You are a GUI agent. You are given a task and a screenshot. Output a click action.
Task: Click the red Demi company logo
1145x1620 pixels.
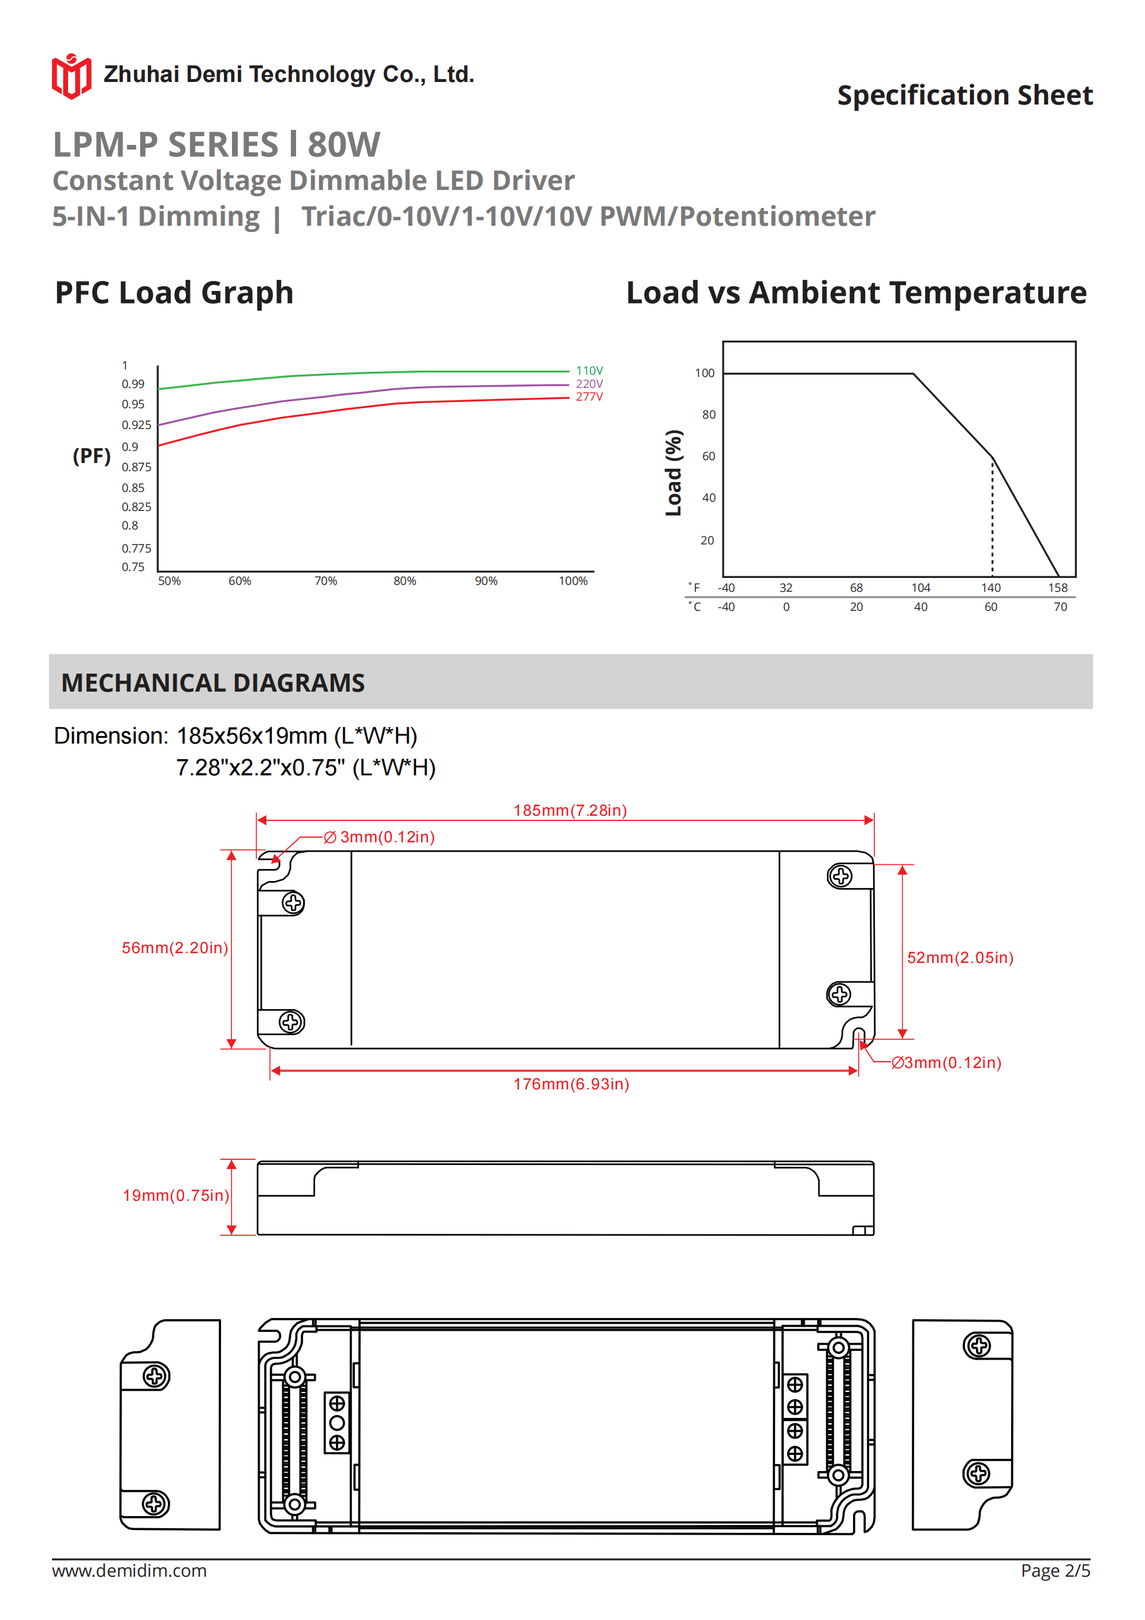pos(71,76)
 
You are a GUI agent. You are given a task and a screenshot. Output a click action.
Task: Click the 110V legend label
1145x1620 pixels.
pos(589,371)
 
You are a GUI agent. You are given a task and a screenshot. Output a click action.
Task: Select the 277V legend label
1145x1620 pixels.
pos(589,397)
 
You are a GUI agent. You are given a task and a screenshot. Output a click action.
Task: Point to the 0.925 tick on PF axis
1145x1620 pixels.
pos(136,425)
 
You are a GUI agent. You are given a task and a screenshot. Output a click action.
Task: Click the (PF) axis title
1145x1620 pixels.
pos(92,456)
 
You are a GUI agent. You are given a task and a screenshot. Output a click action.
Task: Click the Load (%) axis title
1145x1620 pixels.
pos(673,473)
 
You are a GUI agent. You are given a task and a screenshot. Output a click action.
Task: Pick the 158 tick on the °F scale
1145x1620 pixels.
pos(1057,588)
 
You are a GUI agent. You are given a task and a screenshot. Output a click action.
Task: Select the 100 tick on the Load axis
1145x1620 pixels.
pos(704,374)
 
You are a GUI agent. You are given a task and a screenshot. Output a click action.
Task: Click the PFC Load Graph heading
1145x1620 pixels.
pos(174,293)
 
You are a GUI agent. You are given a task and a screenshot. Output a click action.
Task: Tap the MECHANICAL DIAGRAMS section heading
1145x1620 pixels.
pos(213,683)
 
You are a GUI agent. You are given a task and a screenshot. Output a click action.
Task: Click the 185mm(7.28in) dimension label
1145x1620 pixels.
pos(570,810)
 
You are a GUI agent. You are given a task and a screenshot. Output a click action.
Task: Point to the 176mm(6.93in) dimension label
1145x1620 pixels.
pos(571,1084)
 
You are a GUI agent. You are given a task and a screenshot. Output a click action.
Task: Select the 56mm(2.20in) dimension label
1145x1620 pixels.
pos(175,947)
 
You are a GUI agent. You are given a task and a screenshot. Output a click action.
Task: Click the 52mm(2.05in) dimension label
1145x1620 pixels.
pos(960,957)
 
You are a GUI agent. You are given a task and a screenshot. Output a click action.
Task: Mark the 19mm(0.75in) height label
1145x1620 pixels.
pos(175,1195)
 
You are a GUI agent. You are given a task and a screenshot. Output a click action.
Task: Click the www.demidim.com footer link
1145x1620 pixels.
pos(129,1570)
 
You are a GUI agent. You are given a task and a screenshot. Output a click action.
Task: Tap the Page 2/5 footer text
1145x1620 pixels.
pos(1055,1570)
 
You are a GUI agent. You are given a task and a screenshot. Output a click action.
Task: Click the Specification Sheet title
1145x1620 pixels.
pos(964,95)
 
